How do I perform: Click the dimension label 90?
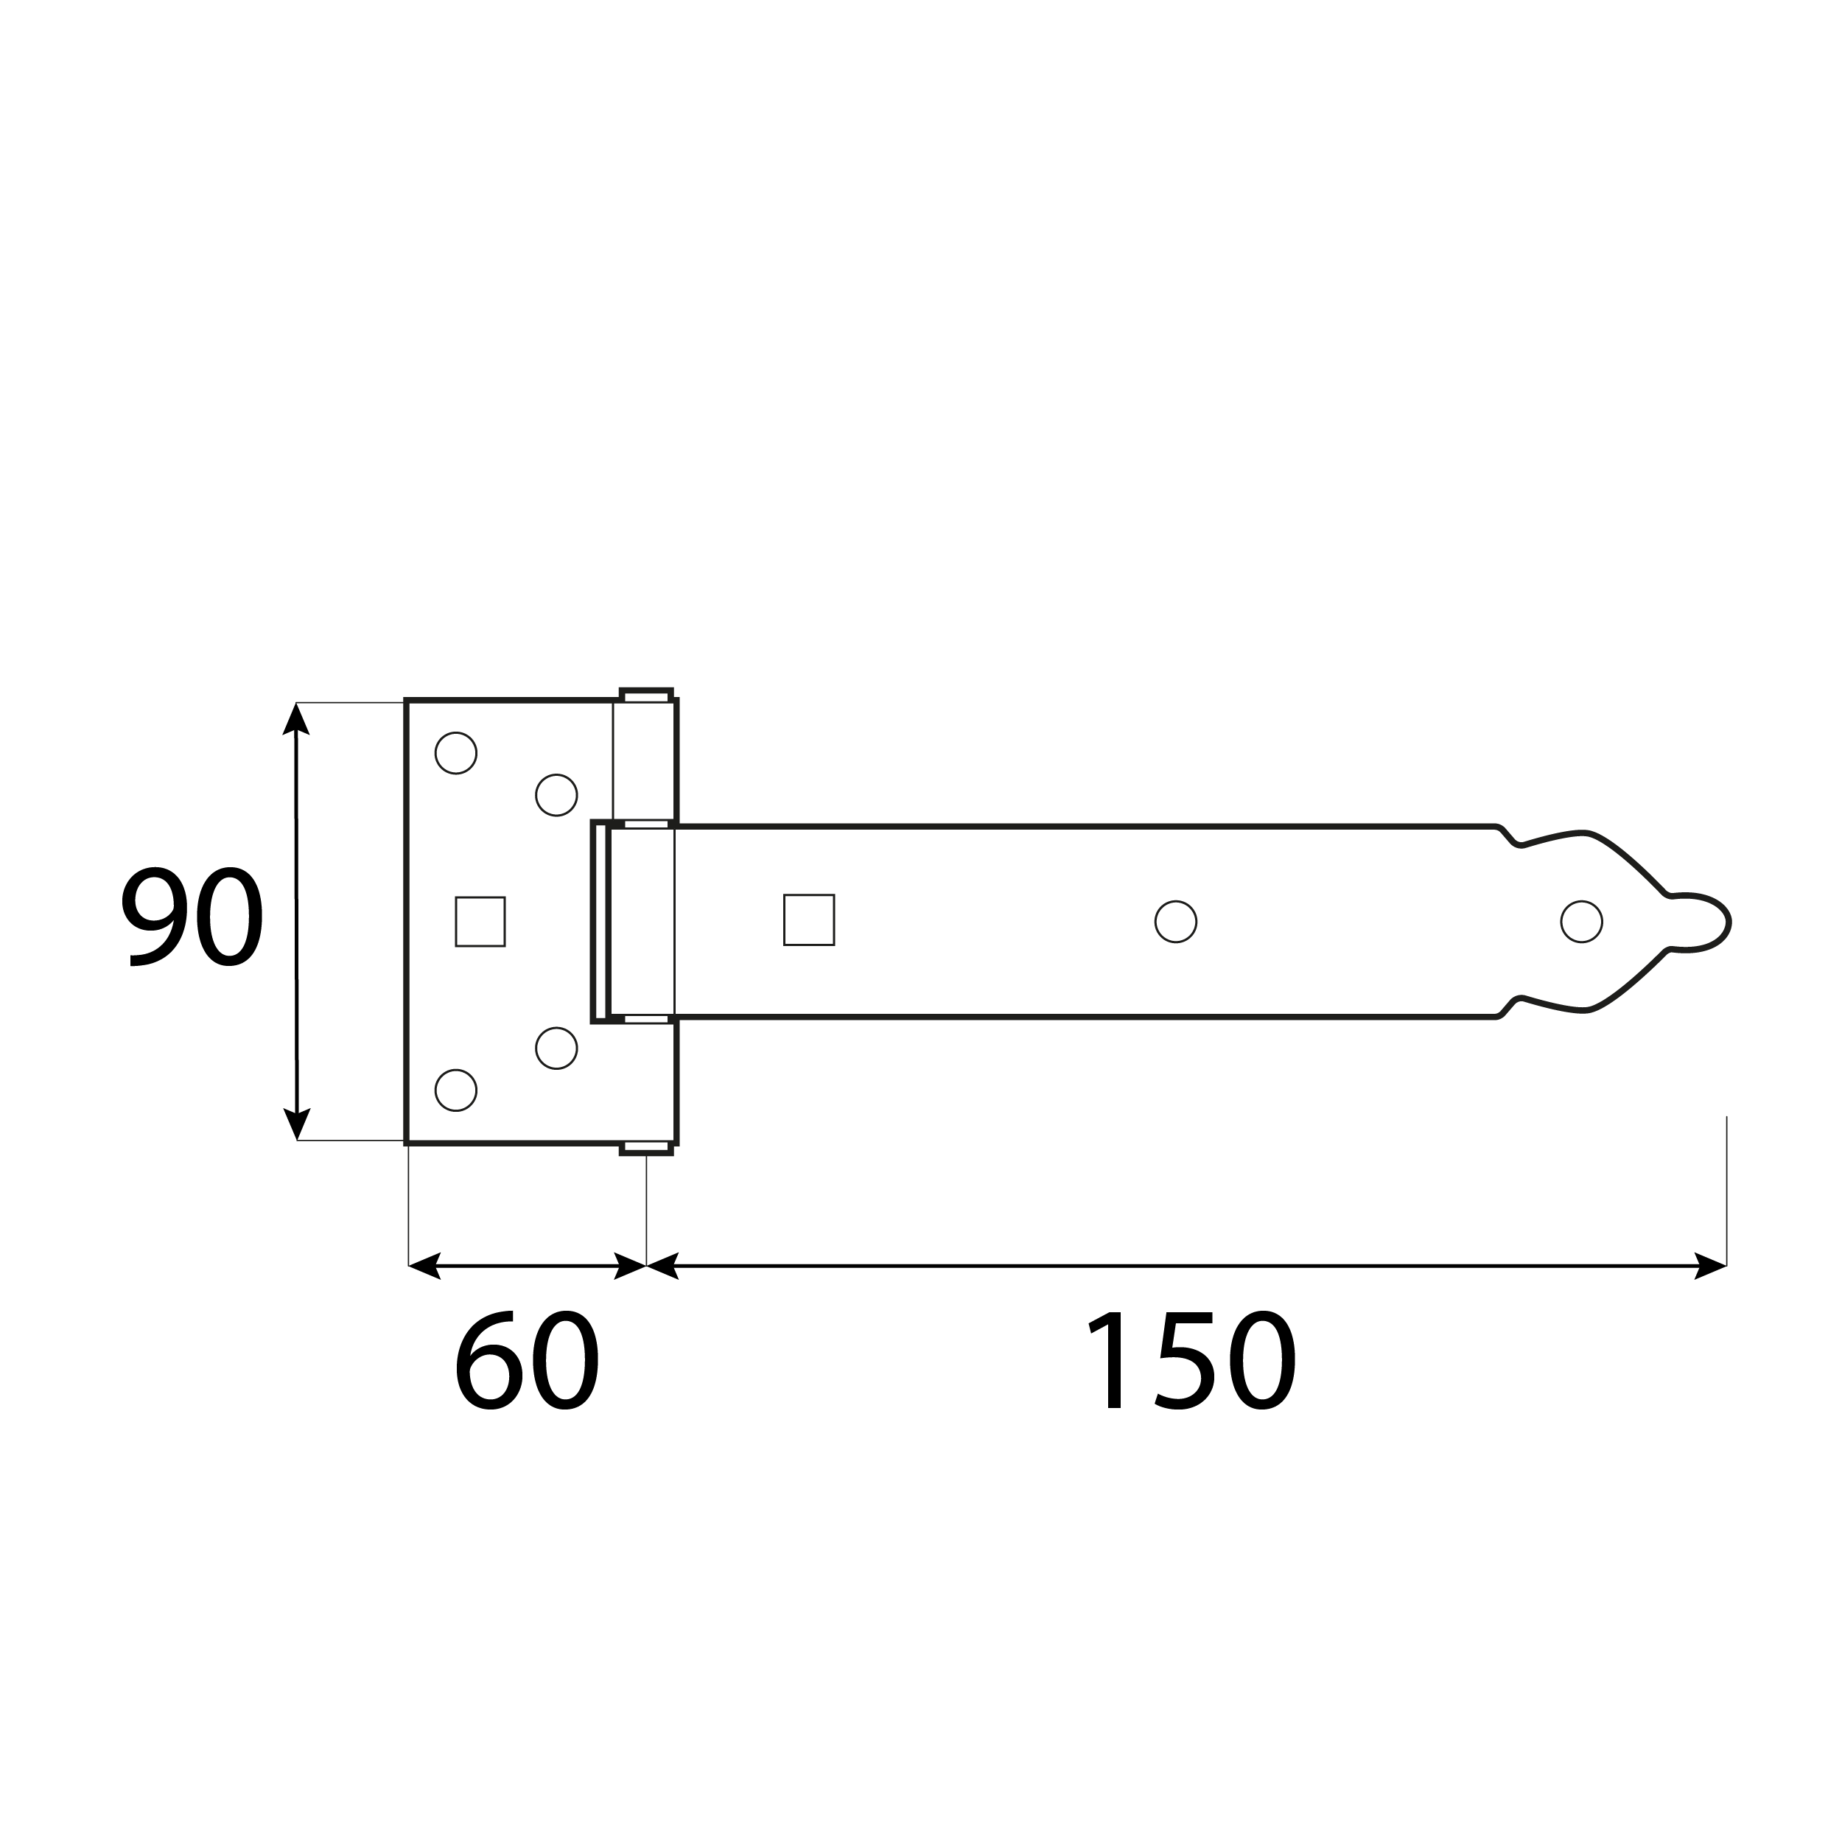192,917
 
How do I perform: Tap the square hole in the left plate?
480,922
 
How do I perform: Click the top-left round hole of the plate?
456,753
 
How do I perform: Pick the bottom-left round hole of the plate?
456,1090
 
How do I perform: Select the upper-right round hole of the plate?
557,795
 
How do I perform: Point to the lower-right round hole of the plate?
557,1048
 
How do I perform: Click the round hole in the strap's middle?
1175,922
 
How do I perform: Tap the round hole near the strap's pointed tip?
1582,922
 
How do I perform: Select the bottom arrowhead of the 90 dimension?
296,1123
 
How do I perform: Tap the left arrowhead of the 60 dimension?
425,1265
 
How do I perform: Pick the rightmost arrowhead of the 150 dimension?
1709,1265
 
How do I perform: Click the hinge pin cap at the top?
646,694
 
